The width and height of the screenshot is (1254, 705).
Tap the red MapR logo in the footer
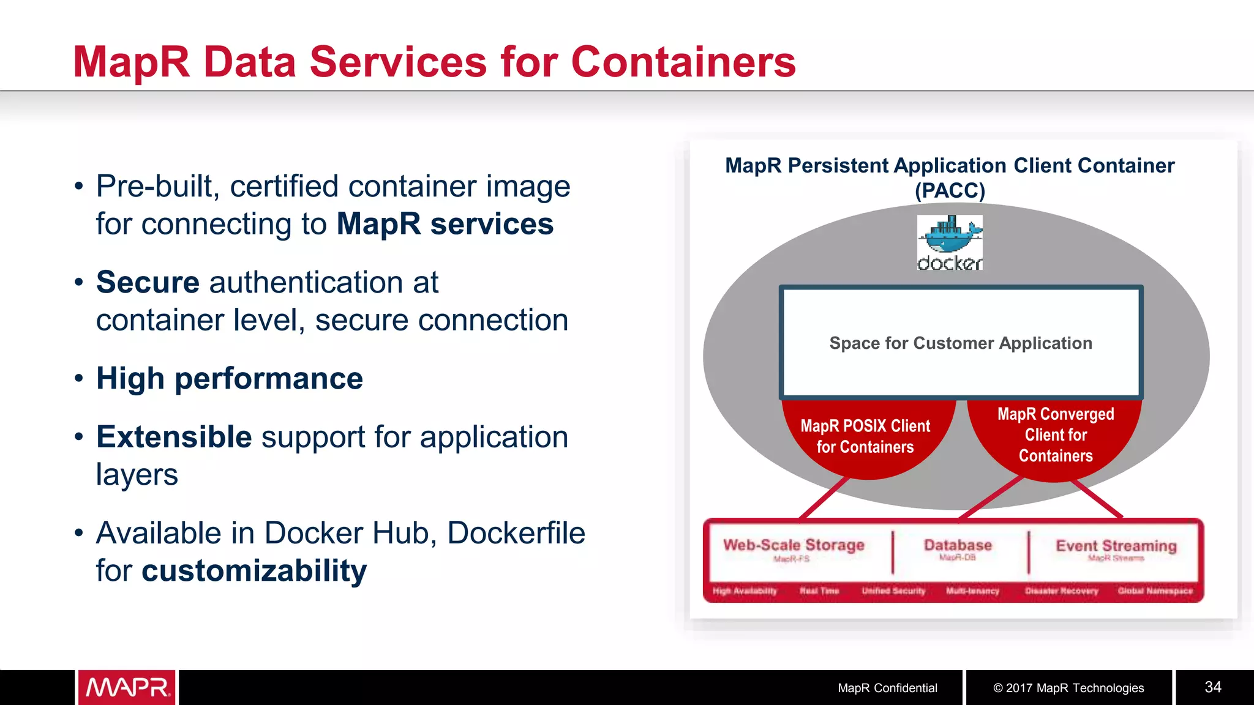click(x=127, y=687)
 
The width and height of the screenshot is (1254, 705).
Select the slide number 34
click(x=1213, y=687)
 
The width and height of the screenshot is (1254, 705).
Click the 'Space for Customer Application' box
click(x=961, y=343)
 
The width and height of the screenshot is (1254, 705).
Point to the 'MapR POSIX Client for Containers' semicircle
click(x=865, y=436)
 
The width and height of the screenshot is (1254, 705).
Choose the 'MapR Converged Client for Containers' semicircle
click(x=1056, y=435)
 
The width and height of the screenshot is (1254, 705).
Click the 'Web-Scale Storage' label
click(x=794, y=545)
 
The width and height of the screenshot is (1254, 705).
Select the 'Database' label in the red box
click(x=958, y=545)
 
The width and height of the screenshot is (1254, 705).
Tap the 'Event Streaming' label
click(x=1116, y=545)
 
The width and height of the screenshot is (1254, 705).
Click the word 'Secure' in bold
click(x=148, y=282)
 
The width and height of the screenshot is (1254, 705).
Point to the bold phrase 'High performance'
click(x=230, y=378)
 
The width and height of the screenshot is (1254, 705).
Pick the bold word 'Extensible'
click(x=174, y=437)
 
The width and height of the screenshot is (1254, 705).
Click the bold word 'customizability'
click(x=254, y=570)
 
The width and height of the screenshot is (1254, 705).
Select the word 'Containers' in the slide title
click(x=683, y=62)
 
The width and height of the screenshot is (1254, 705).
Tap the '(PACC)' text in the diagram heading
click(x=950, y=190)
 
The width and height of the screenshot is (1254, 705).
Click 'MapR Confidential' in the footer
click(x=887, y=688)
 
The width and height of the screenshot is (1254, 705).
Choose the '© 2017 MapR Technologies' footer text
click(x=1068, y=688)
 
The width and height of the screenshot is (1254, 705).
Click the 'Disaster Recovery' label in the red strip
click(x=1061, y=591)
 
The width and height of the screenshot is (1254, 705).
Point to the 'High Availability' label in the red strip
click(x=745, y=591)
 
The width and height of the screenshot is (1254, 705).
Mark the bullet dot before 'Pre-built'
click(x=78, y=186)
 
